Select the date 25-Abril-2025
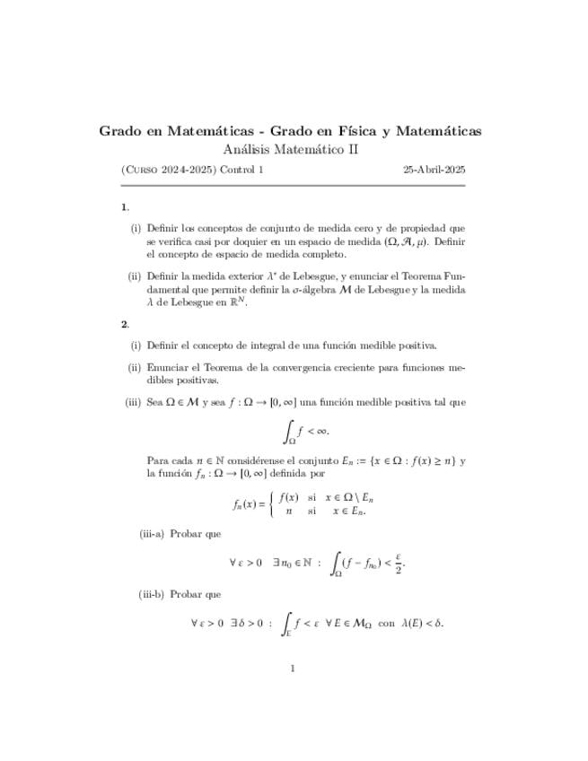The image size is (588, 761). tap(434, 169)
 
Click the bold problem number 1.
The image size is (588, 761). tap(124, 207)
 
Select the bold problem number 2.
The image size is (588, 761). tap(124, 324)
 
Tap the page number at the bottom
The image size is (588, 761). tap(293, 668)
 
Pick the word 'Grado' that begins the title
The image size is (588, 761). tap(120, 131)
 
